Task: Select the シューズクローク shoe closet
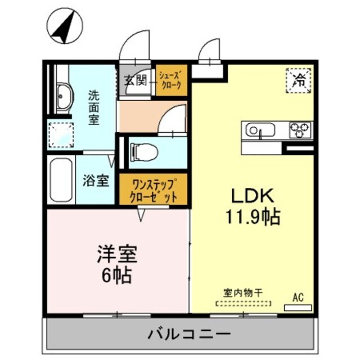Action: tap(170, 80)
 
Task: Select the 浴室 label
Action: tap(96, 181)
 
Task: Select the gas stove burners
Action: tap(300, 130)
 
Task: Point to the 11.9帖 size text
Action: tap(253, 217)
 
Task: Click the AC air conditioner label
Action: tap(298, 297)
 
